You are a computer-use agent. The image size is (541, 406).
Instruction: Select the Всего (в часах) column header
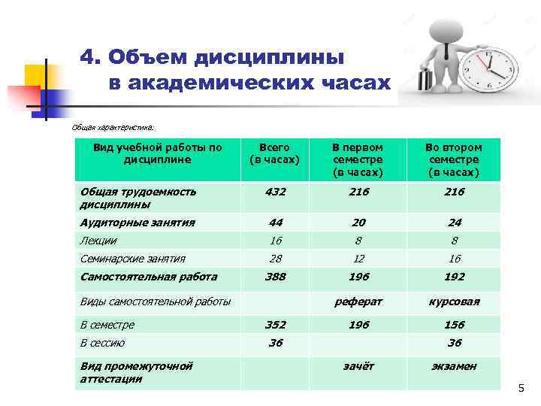coord(274,153)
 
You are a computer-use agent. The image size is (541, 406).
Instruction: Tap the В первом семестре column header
coord(358,160)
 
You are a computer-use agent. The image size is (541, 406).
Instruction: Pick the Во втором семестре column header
coord(453,160)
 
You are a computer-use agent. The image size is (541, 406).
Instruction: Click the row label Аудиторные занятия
coord(138,223)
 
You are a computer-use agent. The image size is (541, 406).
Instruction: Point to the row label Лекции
coord(98,241)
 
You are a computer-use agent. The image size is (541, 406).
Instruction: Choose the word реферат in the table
coord(358,301)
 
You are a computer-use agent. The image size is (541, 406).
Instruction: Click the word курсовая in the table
coord(453,301)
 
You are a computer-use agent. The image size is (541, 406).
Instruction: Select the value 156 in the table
coord(453,325)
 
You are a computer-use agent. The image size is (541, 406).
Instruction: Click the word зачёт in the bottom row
coord(358,366)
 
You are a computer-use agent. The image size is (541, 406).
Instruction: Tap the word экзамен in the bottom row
coord(453,366)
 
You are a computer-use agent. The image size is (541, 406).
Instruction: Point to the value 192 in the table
coord(453,277)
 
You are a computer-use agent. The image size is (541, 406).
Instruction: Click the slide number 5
coord(520,389)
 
